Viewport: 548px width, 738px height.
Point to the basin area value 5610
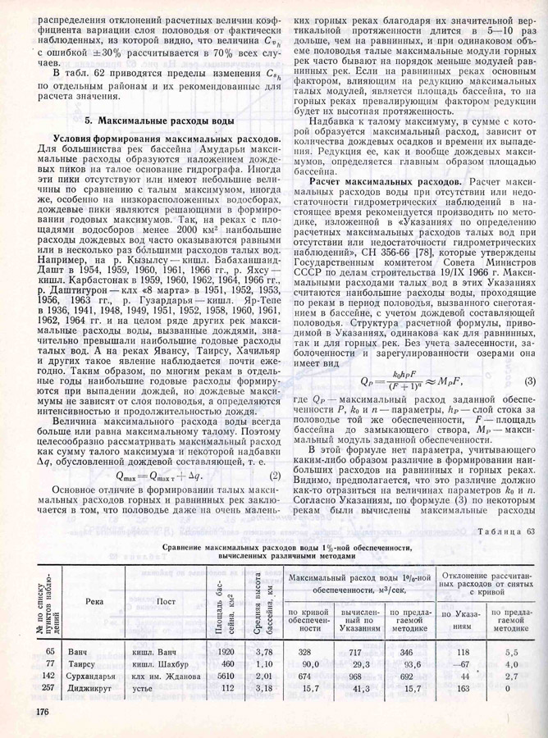point(226,676)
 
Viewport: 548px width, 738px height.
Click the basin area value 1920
point(226,651)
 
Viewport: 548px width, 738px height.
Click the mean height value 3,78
point(264,651)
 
